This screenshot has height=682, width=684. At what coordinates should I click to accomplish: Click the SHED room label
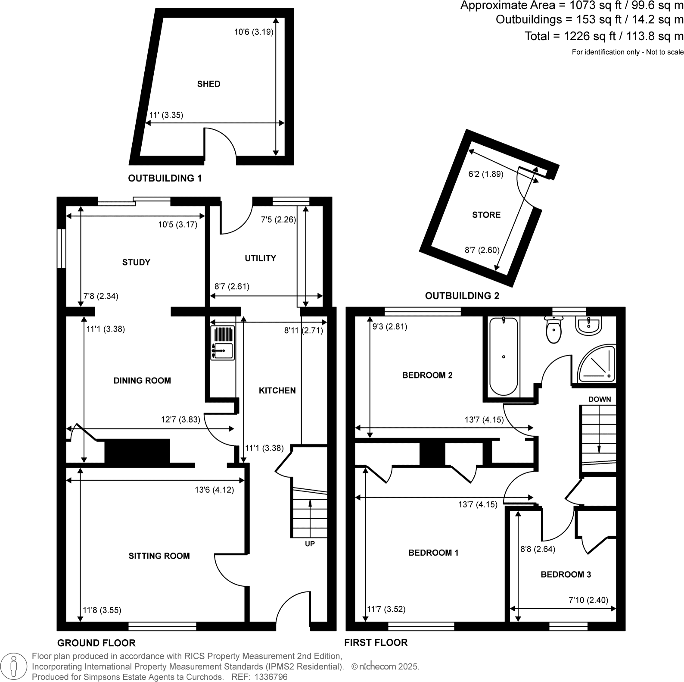[x=208, y=84]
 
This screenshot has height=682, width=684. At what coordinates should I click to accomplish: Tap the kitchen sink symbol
[x=222, y=343]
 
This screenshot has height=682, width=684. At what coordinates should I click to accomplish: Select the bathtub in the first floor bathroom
[x=504, y=357]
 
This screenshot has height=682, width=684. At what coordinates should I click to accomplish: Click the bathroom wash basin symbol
[x=588, y=326]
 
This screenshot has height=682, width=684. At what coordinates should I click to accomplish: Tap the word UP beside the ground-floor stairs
[x=310, y=544]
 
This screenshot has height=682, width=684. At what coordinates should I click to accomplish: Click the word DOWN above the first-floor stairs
[x=600, y=399]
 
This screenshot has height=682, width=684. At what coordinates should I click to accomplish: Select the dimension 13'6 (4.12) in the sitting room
[x=214, y=490]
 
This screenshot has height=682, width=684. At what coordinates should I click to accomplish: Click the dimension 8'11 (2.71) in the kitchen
[x=303, y=331]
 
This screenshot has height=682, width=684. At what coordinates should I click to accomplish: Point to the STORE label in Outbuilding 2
[x=486, y=215]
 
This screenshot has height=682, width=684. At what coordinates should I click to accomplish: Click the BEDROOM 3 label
[x=566, y=574]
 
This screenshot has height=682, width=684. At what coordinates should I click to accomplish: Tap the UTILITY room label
[x=260, y=258]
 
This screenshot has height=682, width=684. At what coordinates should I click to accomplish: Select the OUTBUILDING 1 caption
[x=165, y=178]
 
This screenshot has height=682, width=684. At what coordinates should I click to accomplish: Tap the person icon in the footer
[x=14, y=666]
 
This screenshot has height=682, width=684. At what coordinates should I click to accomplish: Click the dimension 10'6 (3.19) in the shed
[x=254, y=32]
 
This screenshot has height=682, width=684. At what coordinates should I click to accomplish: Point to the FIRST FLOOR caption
[x=376, y=642]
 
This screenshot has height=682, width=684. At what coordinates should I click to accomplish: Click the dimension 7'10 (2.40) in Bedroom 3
[x=588, y=600]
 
